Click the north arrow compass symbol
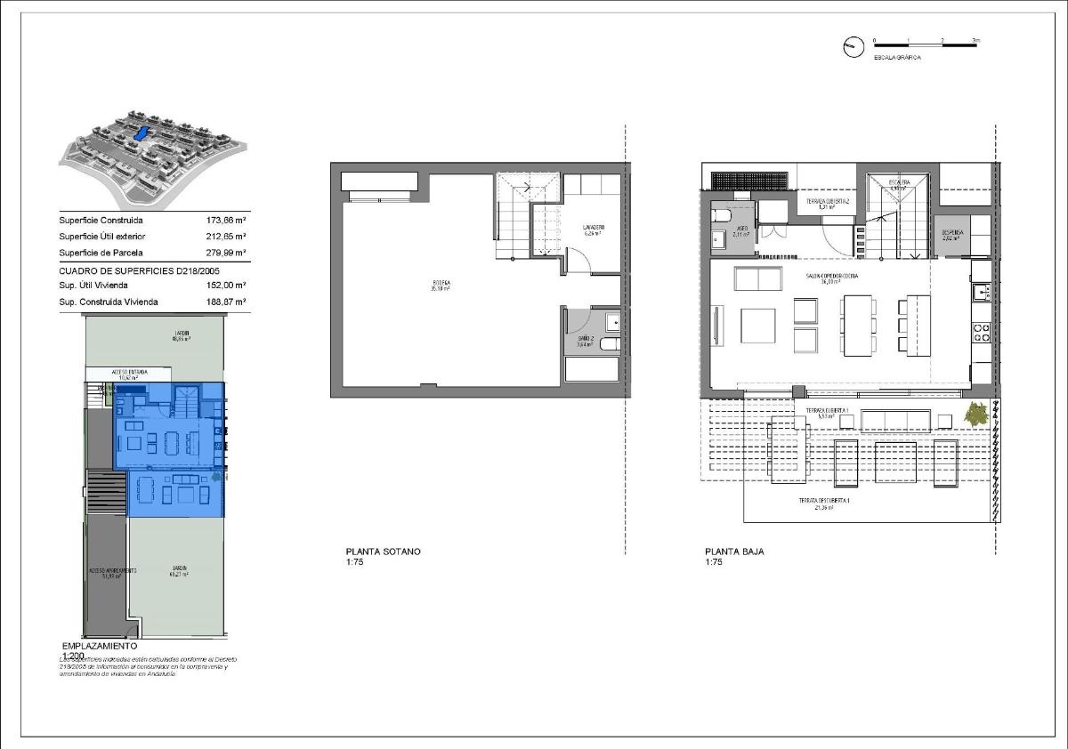click(x=853, y=48)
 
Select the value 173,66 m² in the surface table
click(x=225, y=221)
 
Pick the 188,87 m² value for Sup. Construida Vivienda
click(x=225, y=302)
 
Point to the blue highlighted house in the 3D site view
click(x=140, y=133)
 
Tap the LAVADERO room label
click(x=594, y=230)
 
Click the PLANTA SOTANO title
click(x=383, y=552)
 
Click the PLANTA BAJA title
click(x=734, y=552)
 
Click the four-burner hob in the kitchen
click(x=982, y=333)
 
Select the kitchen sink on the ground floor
click(x=982, y=291)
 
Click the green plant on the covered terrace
click(x=977, y=414)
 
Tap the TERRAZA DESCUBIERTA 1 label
click(x=823, y=503)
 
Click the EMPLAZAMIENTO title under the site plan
click(x=93, y=646)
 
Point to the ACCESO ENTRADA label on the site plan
click(x=129, y=373)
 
